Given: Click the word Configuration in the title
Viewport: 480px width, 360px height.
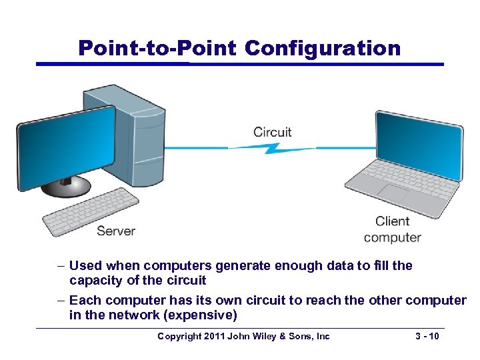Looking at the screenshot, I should click(x=323, y=48).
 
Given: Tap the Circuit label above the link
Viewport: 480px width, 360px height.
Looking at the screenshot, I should click(x=272, y=131).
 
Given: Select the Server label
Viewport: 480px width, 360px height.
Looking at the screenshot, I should click(x=116, y=231).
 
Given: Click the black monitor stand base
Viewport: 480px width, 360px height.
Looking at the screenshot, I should click(x=66, y=186).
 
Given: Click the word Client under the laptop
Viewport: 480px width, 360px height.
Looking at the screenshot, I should click(x=392, y=221).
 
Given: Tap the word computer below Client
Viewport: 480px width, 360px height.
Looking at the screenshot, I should click(x=392, y=237).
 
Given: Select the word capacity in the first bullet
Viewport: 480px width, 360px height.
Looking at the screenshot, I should click(x=95, y=280).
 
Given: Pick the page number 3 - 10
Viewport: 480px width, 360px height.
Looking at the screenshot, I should click(x=426, y=337).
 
